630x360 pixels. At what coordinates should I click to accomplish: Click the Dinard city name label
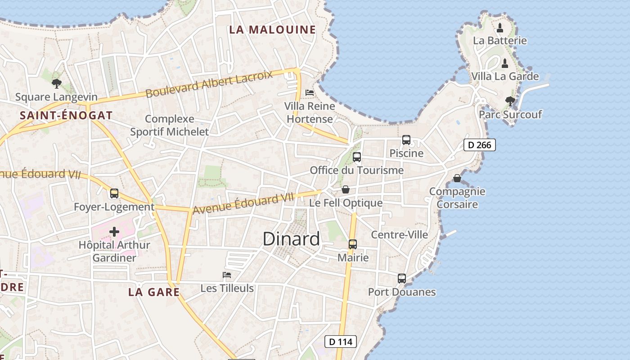[291, 238]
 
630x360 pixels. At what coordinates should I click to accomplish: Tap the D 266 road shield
[480, 145]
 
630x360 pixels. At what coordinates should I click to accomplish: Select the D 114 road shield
[341, 342]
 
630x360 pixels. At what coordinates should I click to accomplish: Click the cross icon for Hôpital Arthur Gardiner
[114, 232]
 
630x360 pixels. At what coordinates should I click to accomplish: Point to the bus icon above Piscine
[406, 140]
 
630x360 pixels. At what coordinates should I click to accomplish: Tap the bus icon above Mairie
[353, 244]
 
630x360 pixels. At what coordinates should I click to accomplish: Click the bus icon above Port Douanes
[402, 279]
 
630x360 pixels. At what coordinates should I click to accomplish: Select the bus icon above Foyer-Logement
[114, 193]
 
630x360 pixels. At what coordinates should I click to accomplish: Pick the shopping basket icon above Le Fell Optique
[346, 189]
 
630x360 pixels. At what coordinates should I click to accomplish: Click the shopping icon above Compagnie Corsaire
[457, 178]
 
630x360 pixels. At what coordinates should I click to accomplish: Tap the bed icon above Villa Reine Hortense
[310, 92]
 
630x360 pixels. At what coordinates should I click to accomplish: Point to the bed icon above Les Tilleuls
[227, 274]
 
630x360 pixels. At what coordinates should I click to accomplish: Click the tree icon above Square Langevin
[57, 83]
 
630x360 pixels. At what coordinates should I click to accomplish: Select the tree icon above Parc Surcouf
[510, 101]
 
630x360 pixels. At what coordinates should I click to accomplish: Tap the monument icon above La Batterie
[500, 28]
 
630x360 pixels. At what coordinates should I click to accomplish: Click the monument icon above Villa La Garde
[505, 63]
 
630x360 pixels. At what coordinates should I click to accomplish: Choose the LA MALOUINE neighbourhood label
[273, 30]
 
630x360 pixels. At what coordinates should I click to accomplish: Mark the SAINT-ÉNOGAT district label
[66, 115]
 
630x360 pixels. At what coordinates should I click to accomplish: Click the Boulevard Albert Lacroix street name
[209, 84]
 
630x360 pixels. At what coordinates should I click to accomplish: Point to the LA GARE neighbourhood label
[154, 292]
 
